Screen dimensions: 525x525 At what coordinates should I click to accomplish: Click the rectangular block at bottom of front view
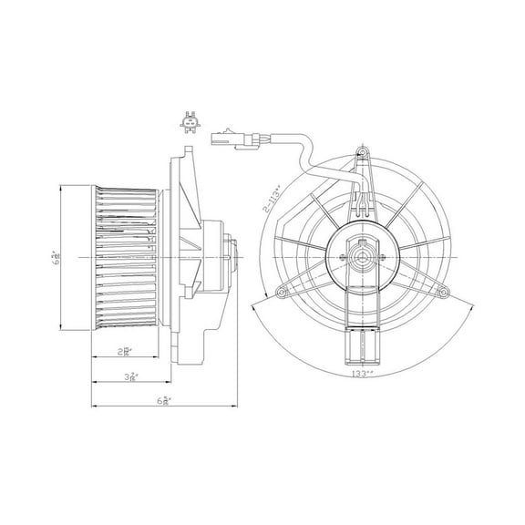pyautogui.click(x=363, y=351)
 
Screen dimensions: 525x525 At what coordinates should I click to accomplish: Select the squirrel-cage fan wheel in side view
pyautogui.click(x=126, y=257)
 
